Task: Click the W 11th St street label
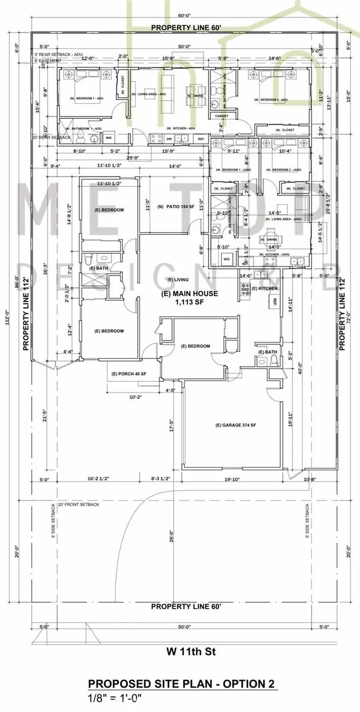pos(183,651)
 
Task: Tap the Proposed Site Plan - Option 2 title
pos(183,684)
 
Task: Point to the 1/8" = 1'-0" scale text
pos(115,698)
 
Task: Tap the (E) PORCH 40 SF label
pos(129,374)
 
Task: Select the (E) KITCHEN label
pos(265,289)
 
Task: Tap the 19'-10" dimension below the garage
pos(234,479)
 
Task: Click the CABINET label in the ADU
pos(222,115)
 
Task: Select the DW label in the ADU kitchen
pos(169,138)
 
